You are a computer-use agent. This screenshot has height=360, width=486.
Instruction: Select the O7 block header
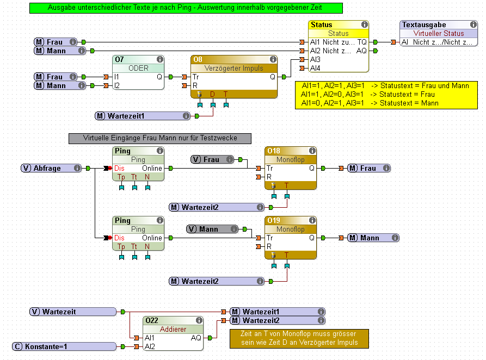pos(138,59)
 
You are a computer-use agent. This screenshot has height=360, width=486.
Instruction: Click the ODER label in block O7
pos(138,68)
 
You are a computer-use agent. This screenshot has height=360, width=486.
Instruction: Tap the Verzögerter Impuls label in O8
pos(234,68)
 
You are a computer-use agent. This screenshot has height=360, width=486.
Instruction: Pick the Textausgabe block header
pos(439,25)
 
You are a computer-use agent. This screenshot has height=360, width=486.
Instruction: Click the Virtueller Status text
pos(439,33)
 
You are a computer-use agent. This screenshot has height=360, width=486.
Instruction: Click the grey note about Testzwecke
pos(160,138)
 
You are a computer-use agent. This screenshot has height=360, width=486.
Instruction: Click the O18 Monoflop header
pos(291,151)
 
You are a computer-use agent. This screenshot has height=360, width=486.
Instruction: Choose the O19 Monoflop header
pos(291,220)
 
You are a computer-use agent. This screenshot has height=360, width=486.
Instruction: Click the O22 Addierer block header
pos(173,321)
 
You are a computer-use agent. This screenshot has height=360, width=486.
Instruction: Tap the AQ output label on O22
pos(195,338)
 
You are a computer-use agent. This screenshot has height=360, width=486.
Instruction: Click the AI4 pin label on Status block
pos(315,68)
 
